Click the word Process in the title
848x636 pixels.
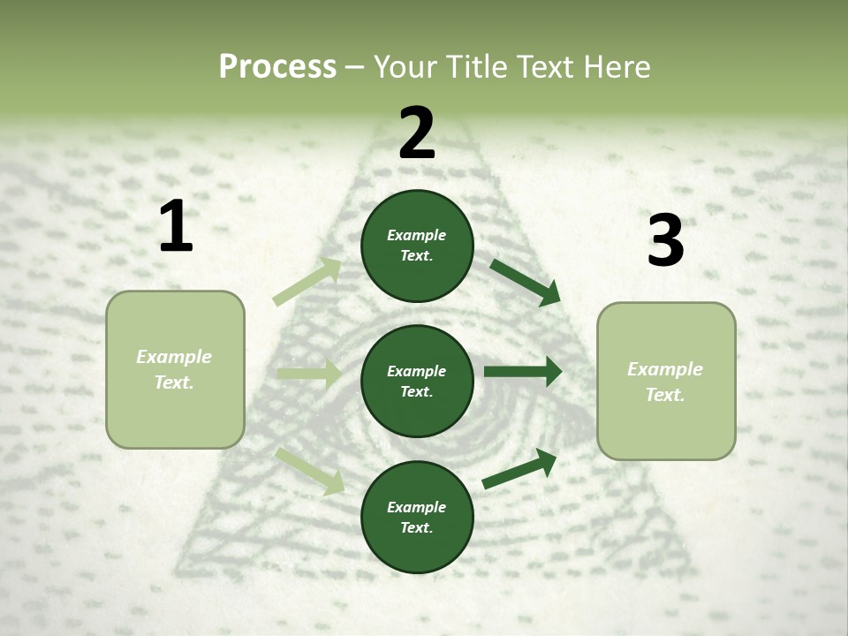coord(277,67)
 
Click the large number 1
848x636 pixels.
coord(176,227)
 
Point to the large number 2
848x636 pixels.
coord(417,133)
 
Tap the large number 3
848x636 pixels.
coord(665,241)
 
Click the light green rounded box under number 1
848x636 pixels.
coord(175,369)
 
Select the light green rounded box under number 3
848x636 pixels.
coord(666,381)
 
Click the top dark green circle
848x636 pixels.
coord(417,246)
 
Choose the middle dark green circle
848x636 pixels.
coord(417,381)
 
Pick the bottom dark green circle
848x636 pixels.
coord(417,517)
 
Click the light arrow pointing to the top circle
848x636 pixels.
coord(307,282)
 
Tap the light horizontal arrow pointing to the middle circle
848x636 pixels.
coord(309,375)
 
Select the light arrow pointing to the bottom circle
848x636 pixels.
coord(310,471)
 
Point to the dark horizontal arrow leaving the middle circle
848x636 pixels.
coord(523,371)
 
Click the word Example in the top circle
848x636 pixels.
coord(417,235)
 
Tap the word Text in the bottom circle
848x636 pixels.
coord(415,528)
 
